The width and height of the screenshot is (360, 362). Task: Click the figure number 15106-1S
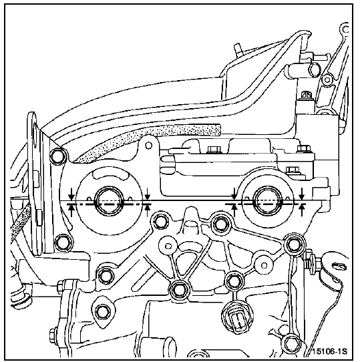(330, 351)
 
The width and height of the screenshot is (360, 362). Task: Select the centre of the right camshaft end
(268, 201)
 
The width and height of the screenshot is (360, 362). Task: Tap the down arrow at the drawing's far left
(71, 194)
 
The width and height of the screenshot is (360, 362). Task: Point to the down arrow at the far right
(302, 194)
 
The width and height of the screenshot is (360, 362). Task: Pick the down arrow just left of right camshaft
(234, 194)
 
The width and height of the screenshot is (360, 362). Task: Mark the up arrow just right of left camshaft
(148, 210)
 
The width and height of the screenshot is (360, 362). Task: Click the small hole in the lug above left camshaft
(149, 146)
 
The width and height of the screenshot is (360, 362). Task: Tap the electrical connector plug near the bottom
(237, 318)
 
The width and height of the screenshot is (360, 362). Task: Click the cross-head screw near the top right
(307, 95)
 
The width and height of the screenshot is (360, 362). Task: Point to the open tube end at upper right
(314, 69)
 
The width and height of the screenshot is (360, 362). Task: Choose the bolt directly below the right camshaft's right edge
(293, 244)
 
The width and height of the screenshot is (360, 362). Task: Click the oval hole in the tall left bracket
(34, 136)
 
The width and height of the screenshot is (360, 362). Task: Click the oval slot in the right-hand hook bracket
(339, 266)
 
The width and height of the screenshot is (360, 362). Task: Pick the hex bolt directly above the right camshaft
(293, 171)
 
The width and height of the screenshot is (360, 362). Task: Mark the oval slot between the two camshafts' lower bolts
(191, 224)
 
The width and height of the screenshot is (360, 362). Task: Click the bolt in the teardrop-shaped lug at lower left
(102, 312)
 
